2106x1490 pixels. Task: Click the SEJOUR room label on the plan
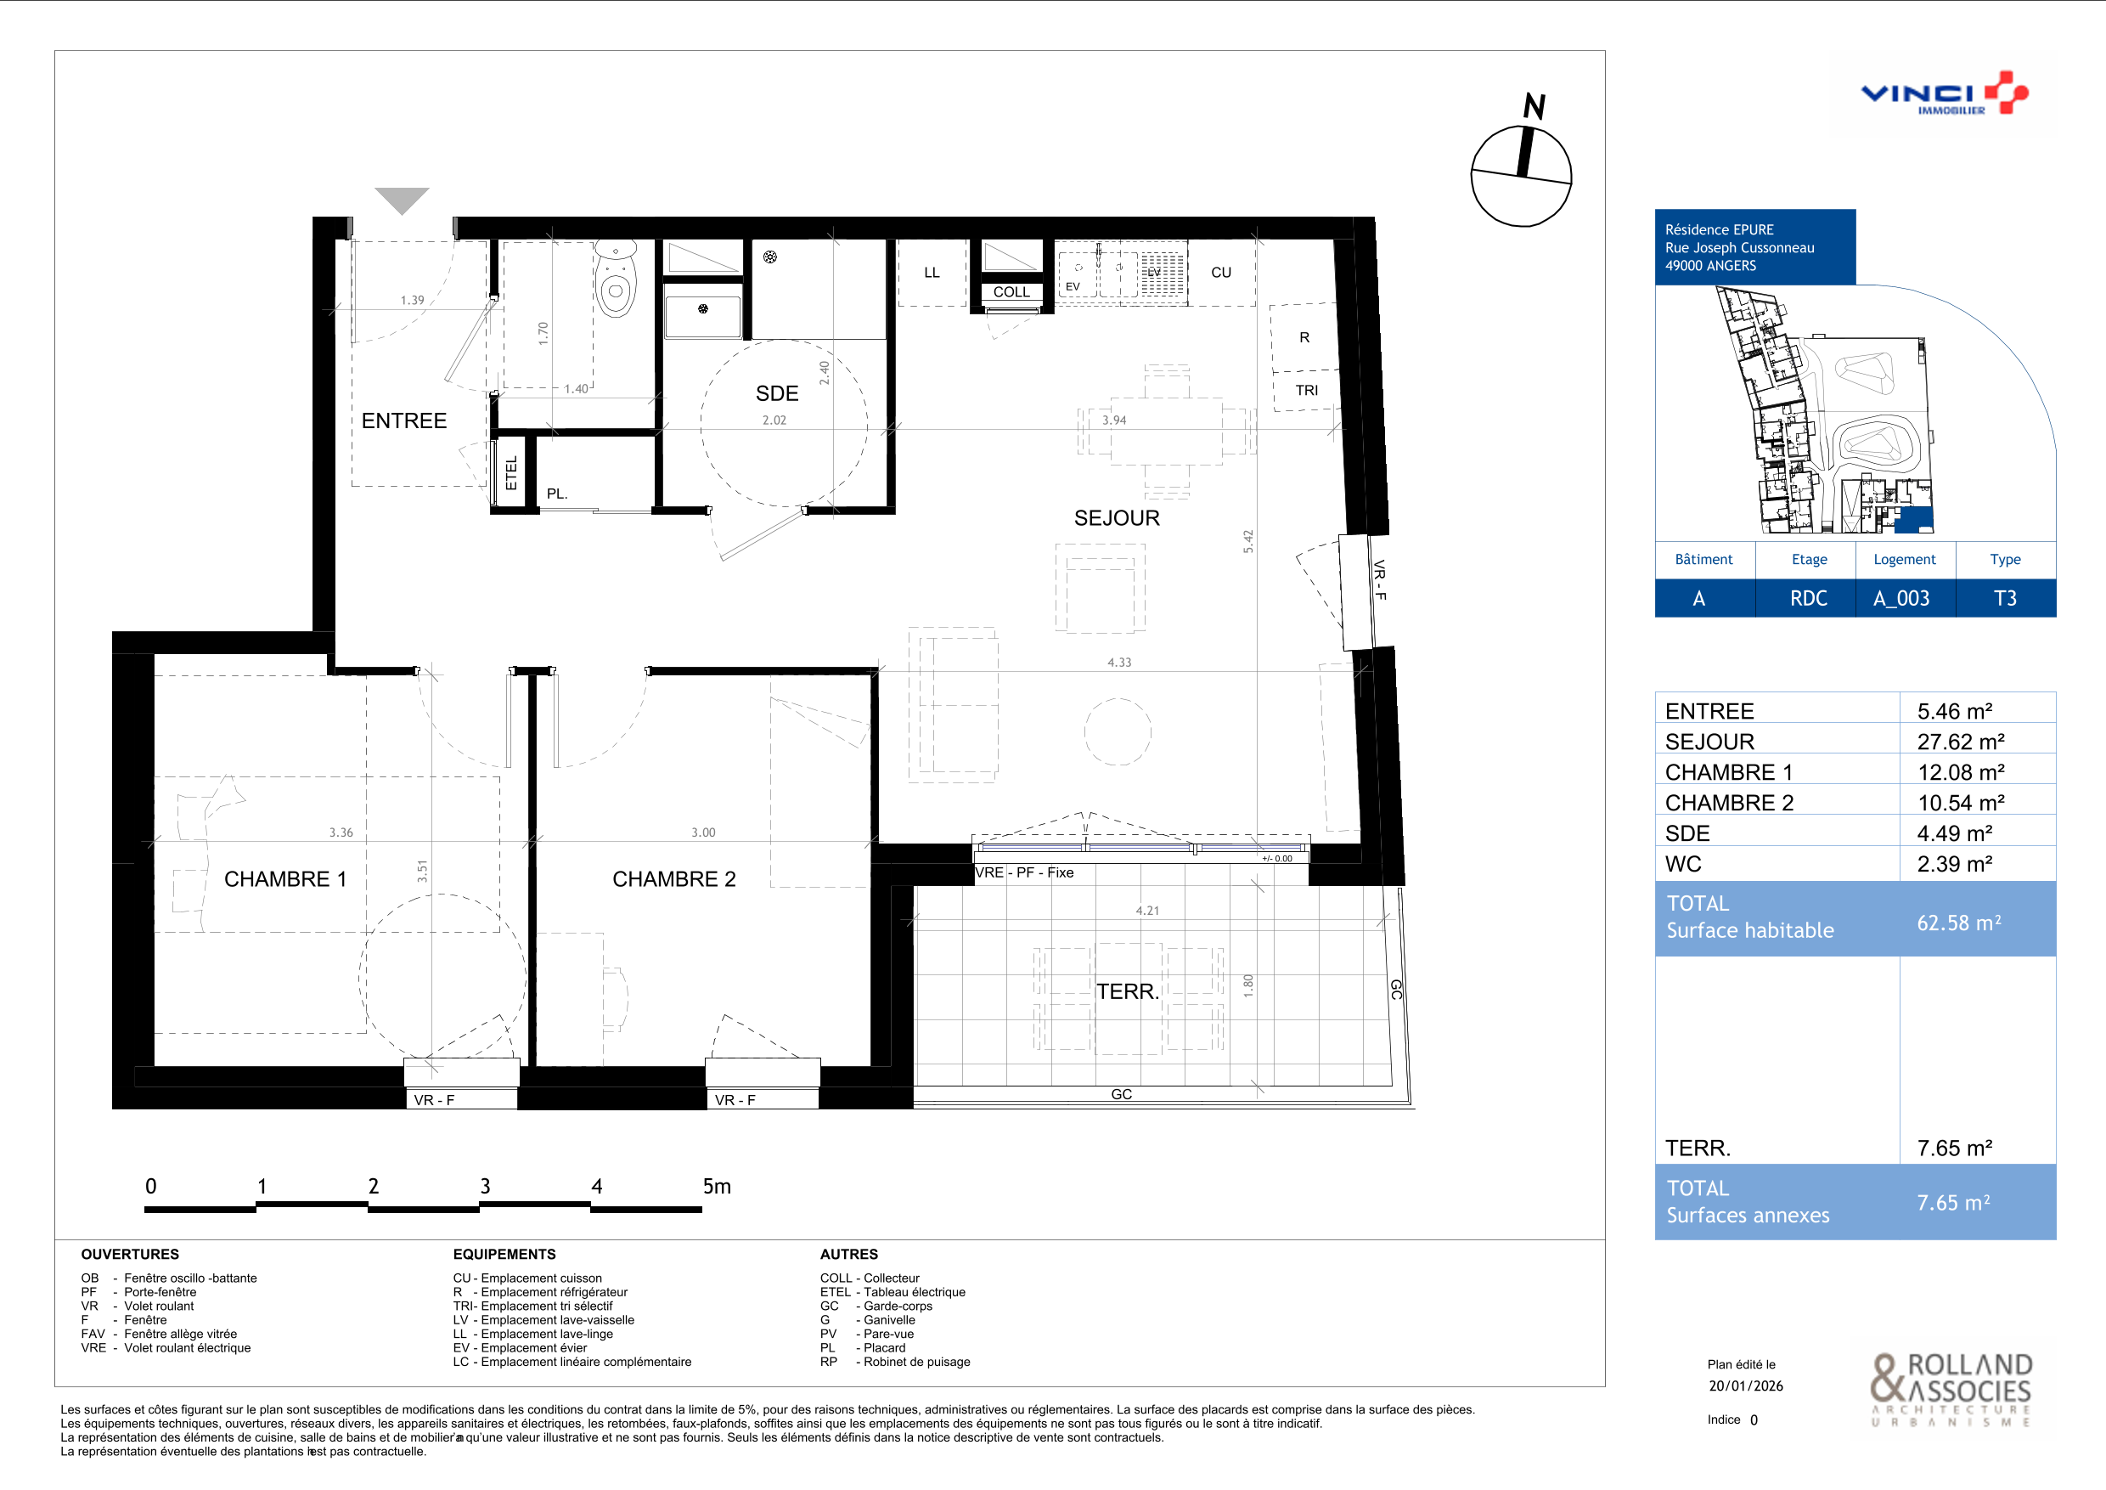point(1117,518)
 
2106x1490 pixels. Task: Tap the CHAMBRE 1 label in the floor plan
point(285,879)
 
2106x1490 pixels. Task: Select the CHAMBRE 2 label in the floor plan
point(674,879)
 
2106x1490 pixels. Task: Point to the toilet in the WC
point(616,279)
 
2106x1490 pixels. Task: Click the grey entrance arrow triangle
point(402,199)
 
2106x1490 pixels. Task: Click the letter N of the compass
point(1534,106)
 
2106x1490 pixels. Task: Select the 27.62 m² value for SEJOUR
point(1960,742)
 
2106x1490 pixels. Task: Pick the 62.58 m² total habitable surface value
point(1958,923)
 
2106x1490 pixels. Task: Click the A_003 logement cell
point(1901,598)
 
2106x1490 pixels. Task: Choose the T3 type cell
point(2005,598)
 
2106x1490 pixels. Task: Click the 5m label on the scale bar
point(717,1187)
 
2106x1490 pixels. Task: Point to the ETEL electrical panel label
point(512,472)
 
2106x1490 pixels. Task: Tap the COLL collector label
point(1011,291)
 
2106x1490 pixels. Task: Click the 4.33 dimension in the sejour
point(1119,663)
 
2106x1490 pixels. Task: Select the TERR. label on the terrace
point(1129,992)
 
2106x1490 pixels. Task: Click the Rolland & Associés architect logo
point(1952,1389)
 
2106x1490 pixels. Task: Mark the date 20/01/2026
point(1746,1386)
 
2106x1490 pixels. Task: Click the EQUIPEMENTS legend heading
point(504,1254)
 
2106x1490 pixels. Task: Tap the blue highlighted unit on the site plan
point(1914,520)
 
